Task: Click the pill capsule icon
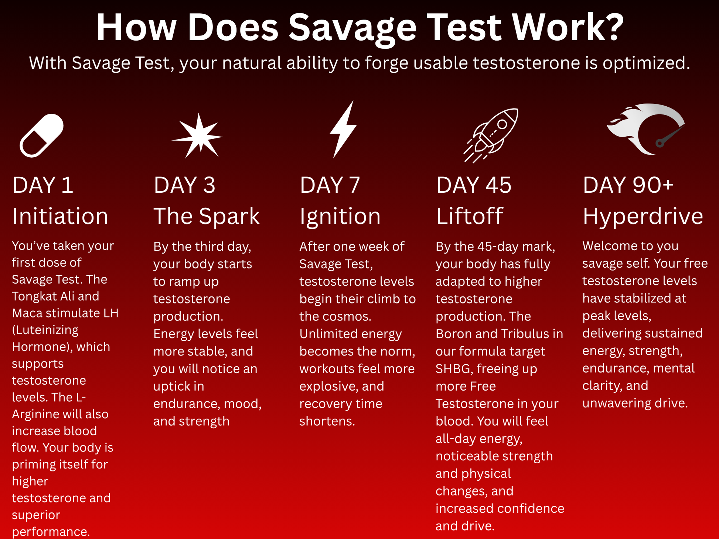pos(41,135)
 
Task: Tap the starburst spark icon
pos(197,136)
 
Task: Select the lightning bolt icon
pos(343,129)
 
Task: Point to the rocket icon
pos(491,135)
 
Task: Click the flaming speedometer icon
pos(646,129)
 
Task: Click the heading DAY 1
pos(43,185)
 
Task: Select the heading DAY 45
pos(474,185)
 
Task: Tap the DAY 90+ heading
pos(628,185)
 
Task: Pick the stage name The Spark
pos(207,216)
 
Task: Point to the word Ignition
pos(340,217)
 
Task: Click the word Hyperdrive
pos(643,217)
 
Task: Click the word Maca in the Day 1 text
pos(27,313)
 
